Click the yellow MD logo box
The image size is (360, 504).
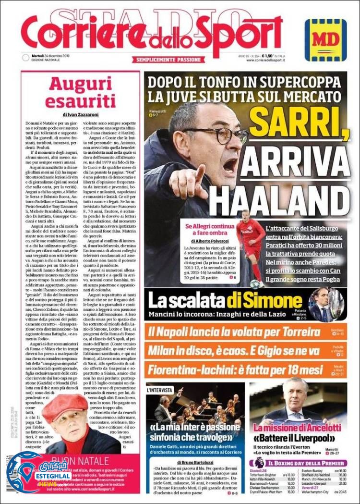325,40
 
